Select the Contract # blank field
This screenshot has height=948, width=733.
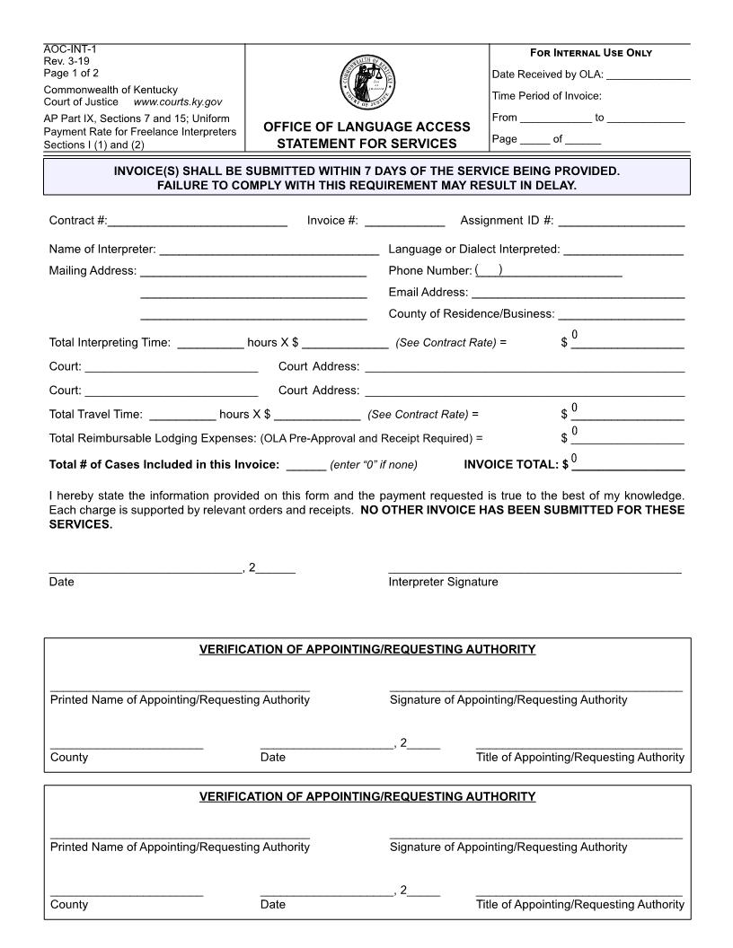197,221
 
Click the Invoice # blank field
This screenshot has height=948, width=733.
404,221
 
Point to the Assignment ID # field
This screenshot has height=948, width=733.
621,221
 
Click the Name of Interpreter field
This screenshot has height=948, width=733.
269,249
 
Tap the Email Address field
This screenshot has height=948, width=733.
578,292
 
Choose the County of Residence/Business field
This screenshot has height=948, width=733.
621,314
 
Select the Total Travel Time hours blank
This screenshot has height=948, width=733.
182,415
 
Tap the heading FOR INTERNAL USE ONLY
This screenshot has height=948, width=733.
592,53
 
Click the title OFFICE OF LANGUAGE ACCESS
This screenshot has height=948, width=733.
366,127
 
